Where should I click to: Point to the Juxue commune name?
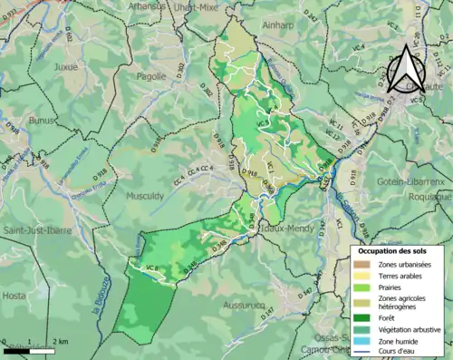click(x=67, y=66)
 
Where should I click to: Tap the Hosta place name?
click(x=15, y=296)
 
